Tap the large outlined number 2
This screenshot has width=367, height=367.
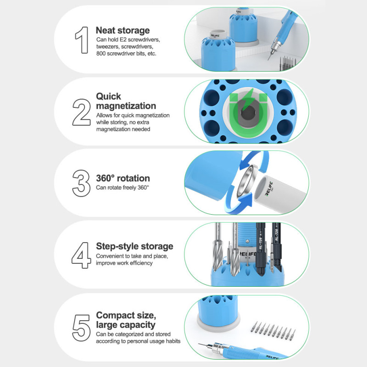[82, 112]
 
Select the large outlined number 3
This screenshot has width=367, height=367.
[81, 183]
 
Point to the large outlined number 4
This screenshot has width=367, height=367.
[81, 255]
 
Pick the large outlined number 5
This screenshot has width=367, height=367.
[81, 328]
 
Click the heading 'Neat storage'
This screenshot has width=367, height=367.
[122, 30]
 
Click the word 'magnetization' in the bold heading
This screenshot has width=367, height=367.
[126, 106]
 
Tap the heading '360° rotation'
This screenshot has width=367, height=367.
[123, 178]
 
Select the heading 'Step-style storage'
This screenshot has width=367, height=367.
[134, 246]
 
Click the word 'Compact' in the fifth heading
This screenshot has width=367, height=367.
[115, 315]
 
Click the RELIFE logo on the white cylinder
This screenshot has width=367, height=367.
[269, 189]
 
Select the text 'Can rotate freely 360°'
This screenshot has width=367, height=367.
[122, 188]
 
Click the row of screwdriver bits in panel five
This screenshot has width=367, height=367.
[272, 330]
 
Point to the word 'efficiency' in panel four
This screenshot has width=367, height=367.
[141, 263]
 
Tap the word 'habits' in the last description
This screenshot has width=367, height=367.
[173, 341]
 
